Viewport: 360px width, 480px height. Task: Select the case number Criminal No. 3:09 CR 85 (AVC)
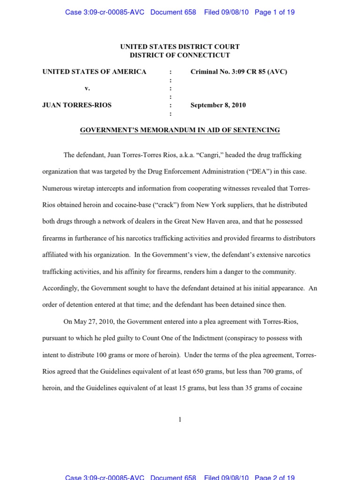tap(239, 72)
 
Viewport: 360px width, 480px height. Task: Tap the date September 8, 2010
tap(218, 105)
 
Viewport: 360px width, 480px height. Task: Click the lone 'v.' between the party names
tap(87, 88)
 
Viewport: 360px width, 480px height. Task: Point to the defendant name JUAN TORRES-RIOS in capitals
tap(77, 105)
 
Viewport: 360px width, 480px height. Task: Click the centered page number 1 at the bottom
tap(180, 420)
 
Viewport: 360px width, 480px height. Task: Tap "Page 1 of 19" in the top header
tap(275, 12)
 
